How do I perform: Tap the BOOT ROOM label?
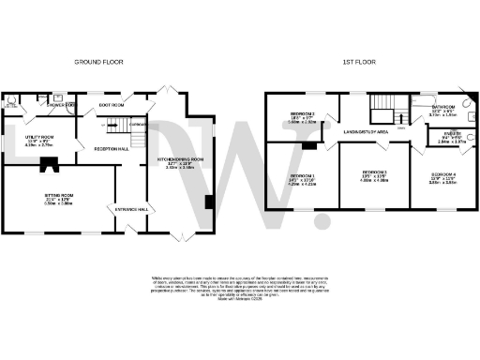[112, 105]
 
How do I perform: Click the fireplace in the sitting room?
[46, 170]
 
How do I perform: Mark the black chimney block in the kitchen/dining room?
[209, 202]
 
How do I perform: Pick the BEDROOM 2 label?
[301, 114]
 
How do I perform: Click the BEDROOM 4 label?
[443, 175]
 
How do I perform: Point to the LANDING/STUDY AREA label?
[367, 132]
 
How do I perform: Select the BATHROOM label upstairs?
[443, 108]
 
